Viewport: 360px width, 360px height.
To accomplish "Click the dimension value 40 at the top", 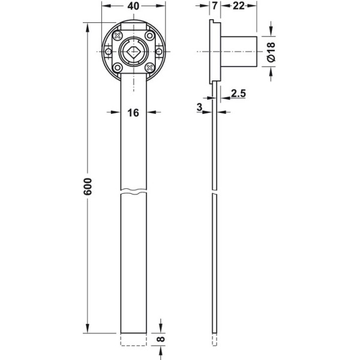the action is [133, 6].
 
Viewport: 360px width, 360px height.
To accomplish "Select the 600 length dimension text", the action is [88, 187].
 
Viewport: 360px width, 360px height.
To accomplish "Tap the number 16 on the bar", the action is [133, 113].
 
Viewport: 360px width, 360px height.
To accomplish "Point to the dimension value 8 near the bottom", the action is [161, 339].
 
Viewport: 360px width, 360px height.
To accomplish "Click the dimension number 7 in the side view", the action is [215, 6].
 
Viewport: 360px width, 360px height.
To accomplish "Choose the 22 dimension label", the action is [239, 6].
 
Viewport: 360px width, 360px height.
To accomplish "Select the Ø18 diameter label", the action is [271, 52].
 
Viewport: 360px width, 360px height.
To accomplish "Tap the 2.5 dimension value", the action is [238, 94].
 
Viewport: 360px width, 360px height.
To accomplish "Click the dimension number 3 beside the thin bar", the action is [200, 107].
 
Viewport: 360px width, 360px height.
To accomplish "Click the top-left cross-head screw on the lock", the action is [118, 35].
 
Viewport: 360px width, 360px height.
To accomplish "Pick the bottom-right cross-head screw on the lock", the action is [149, 67].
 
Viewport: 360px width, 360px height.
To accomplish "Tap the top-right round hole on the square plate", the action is [149, 35].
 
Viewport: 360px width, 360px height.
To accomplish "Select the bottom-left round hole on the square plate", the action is [118, 67].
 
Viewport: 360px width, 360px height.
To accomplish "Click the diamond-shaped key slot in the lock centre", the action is [133, 52].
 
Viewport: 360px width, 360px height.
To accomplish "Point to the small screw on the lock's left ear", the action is [108, 52].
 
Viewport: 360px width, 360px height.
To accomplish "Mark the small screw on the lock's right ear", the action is [159, 52].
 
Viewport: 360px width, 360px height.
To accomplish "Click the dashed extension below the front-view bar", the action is [133, 340].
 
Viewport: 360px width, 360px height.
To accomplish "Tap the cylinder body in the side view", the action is [239, 52].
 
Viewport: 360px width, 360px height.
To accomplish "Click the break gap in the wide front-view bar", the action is [133, 192].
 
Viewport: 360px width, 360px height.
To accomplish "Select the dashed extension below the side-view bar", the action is [214, 340].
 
